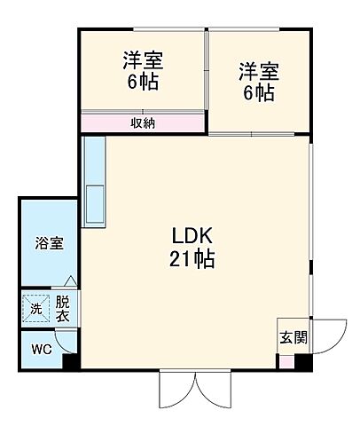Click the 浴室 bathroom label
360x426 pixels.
pos(48,243)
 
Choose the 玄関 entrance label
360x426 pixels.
pos(293,337)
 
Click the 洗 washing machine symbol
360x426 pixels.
pos(36,308)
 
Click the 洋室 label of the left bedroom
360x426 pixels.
pos(143,63)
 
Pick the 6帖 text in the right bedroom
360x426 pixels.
pos(257,93)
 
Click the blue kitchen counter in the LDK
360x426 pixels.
pos(93,182)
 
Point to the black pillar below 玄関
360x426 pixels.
pos(303,362)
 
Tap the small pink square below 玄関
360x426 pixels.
pos(286,359)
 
